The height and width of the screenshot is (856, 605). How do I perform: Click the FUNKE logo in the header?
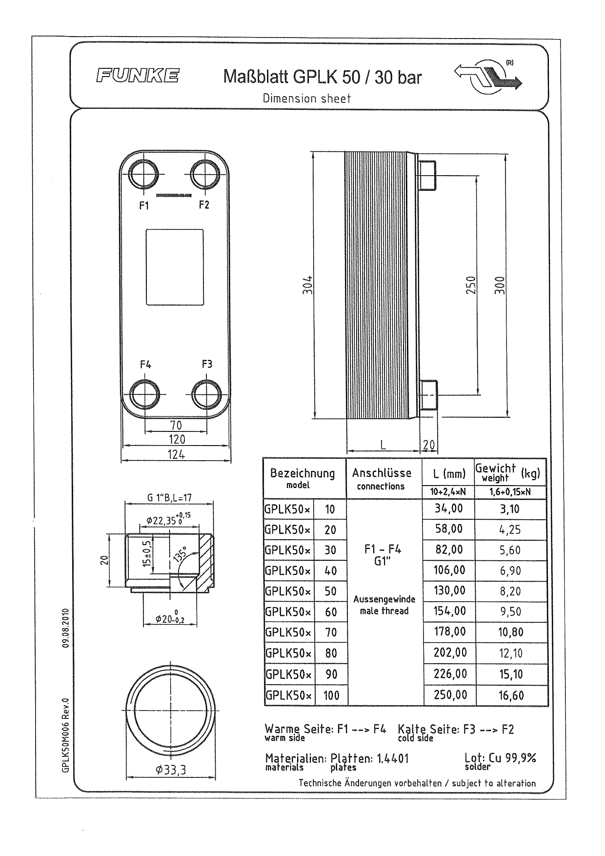click(137, 76)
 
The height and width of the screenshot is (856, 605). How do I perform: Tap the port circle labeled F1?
click(144, 174)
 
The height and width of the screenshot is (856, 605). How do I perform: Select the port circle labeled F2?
click(205, 174)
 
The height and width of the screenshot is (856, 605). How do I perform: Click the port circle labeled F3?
click(206, 393)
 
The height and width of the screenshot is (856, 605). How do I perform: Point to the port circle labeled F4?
click(145, 393)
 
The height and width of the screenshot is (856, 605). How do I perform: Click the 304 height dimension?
click(307, 285)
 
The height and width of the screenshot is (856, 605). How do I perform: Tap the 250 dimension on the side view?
click(470, 285)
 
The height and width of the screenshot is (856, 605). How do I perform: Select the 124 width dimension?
click(176, 454)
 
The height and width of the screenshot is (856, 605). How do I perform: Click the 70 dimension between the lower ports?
click(176, 426)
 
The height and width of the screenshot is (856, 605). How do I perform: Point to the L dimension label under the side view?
click(383, 445)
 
